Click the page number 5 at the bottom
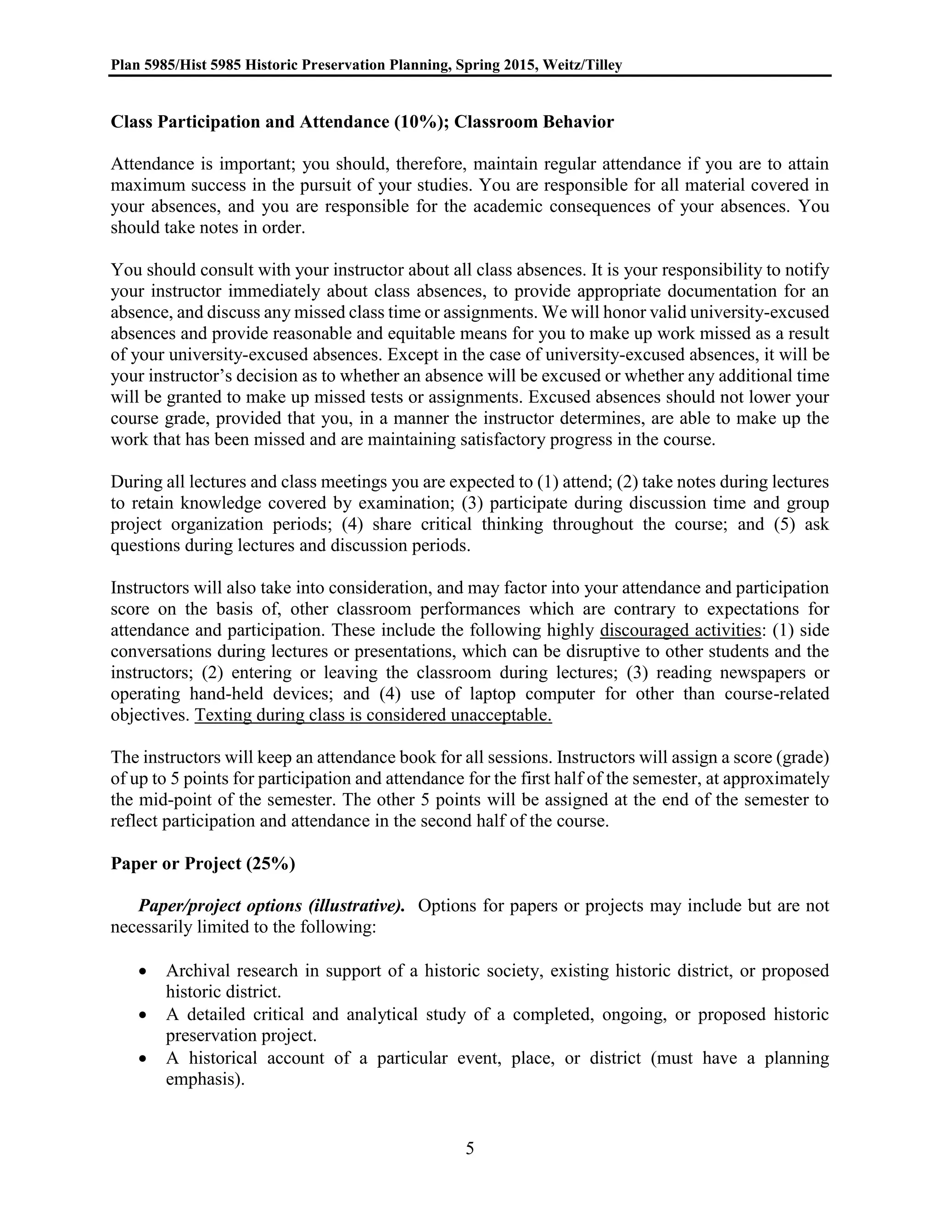[x=470, y=1148]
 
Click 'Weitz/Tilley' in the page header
[x=582, y=66]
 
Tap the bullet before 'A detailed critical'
[x=144, y=1015]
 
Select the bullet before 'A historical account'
[x=144, y=1059]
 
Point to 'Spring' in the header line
[x=475, y=66]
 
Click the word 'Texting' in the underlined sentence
[x=222, y=715]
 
